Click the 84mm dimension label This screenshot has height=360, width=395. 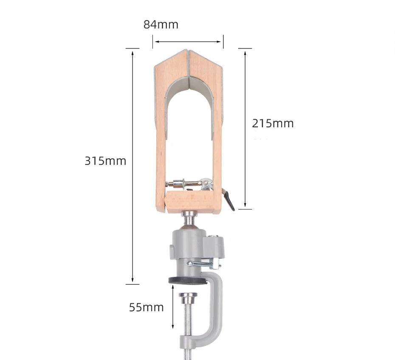tap(161, 25)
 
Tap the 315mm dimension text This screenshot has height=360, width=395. tap(105, 161)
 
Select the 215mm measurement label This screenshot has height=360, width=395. tap(273, 123)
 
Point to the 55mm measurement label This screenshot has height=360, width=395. tap(147, 307)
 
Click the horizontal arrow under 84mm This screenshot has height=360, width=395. tap(188, 42)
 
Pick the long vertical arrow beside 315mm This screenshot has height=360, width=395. tap(133, 167)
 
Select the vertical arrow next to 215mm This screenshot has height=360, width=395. tap(245, 129)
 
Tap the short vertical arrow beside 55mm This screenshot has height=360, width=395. tap(173, 306)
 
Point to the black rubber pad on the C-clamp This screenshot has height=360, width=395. tap(187, 280)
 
